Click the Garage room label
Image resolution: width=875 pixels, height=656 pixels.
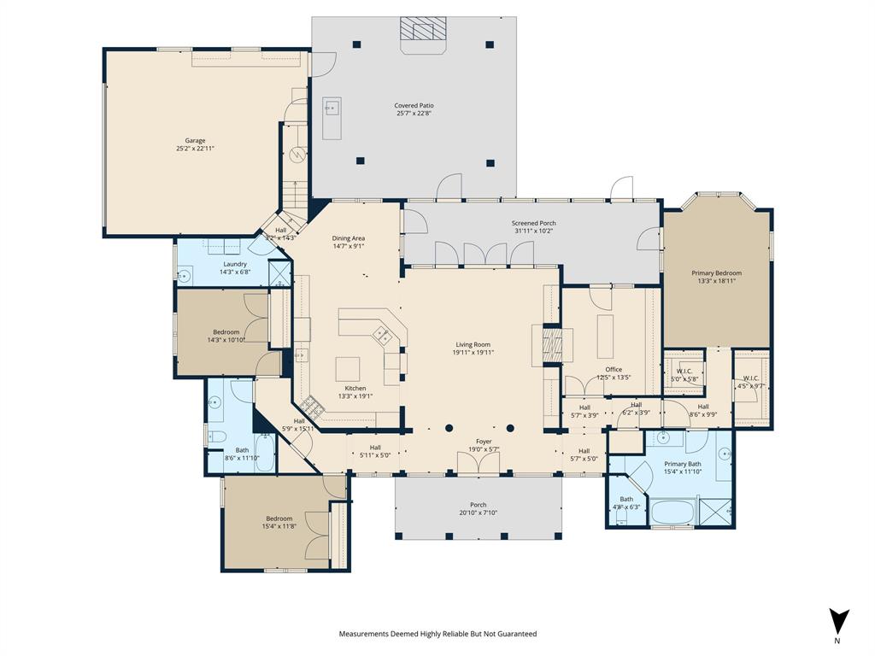(x=196, y=141)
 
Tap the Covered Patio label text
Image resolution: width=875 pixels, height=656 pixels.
(x=414, y=106)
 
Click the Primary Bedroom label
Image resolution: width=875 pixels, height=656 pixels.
(x=716, y=273)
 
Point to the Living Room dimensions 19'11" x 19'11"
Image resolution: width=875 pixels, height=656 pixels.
(x=472, y=353)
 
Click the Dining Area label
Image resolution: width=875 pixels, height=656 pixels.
(x=349, y=238)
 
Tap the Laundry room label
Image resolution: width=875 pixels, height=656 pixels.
(x=235, y=264)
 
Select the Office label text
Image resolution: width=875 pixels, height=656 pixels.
(x=613, y=370)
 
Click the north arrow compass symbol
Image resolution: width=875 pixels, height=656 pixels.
(x=838, y=621)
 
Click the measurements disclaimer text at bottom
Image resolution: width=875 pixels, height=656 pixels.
(x=437, y=634)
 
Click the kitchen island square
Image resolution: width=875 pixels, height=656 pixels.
(x=348, y=368)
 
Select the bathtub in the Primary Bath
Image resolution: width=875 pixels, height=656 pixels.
(x=672, y=513)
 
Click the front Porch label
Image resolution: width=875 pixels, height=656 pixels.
(x=478, y=505)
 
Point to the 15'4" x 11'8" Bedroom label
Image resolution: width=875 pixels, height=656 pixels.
(x=279, y=518)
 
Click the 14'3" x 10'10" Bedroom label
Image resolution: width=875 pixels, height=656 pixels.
(x=226, y=332)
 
